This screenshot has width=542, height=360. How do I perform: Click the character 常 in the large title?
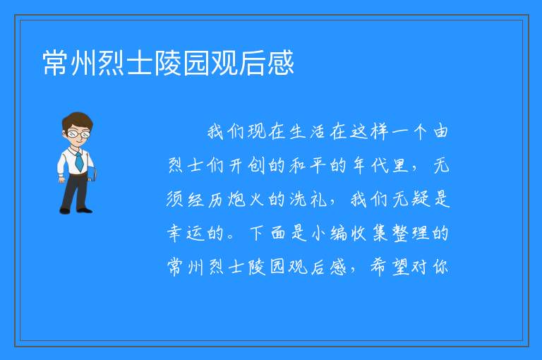[x=56, y=63]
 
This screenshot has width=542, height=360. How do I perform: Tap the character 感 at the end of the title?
[x=281, y=63]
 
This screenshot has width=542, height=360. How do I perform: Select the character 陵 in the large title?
[x=169, y=63]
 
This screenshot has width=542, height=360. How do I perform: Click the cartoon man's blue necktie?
[x=79, y=161]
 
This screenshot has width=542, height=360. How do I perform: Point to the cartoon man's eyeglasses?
[x=78, y=133]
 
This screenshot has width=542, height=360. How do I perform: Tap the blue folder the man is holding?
[x=92, y=174]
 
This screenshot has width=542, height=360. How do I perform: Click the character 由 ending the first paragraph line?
[x=440, y=131]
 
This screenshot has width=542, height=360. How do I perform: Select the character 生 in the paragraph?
[x=297, y=131]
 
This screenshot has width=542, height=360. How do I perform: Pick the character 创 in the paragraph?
[x=256, y=165]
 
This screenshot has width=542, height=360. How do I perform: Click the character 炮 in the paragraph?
[x=237, y=199]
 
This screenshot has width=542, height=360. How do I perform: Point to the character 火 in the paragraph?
[x=257, y=199]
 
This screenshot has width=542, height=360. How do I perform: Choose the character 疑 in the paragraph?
[x=421, y=199]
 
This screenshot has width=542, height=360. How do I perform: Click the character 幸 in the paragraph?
[x=174, y=233]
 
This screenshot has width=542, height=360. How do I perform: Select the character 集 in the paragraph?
[x=380, y=233]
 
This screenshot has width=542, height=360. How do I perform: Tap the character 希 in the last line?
[x=379, y=267]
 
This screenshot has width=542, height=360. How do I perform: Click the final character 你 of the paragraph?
[x=441, y=267]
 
